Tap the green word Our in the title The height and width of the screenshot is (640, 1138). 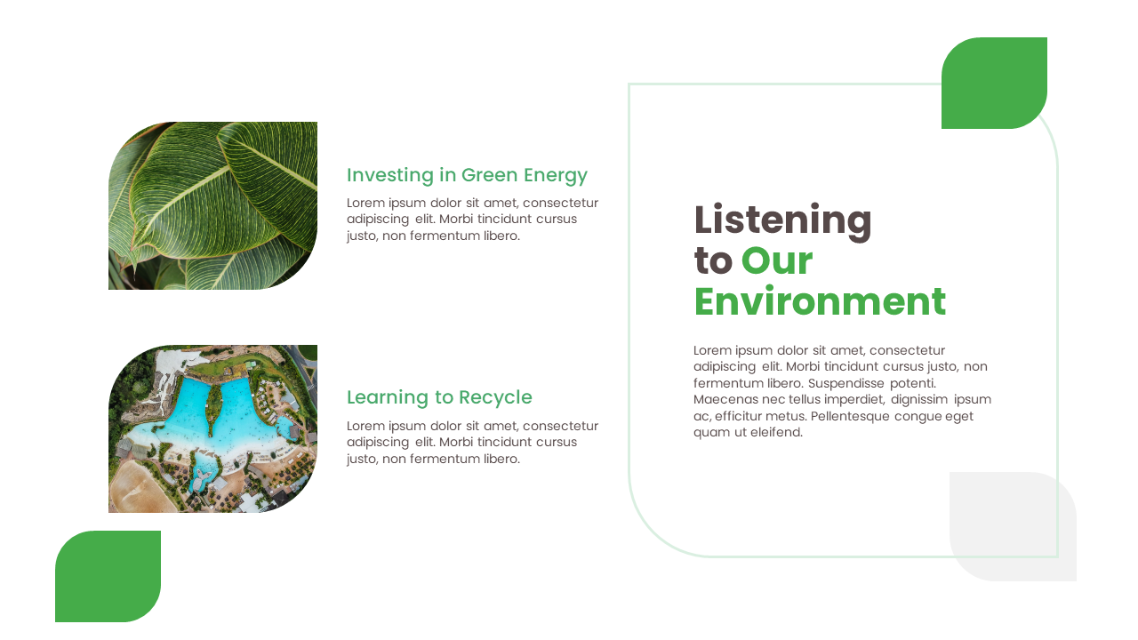tap(776, 261)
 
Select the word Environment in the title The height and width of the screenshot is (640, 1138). tap(819, 302)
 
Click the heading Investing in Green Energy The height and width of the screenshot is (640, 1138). tap(467, 175)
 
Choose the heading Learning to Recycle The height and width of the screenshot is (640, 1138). tap(439, 397)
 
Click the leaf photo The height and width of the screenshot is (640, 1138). tap(212, 205)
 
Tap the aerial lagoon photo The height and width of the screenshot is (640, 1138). tap(212, 428)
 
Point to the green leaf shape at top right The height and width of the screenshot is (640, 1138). tap(994, 83)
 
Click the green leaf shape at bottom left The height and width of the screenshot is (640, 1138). tap(108, 576)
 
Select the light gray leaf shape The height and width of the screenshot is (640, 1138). tap(1013, 526)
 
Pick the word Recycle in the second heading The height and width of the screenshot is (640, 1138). tap(495, 398)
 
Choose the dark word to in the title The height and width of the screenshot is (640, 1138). tap(712, 261)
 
